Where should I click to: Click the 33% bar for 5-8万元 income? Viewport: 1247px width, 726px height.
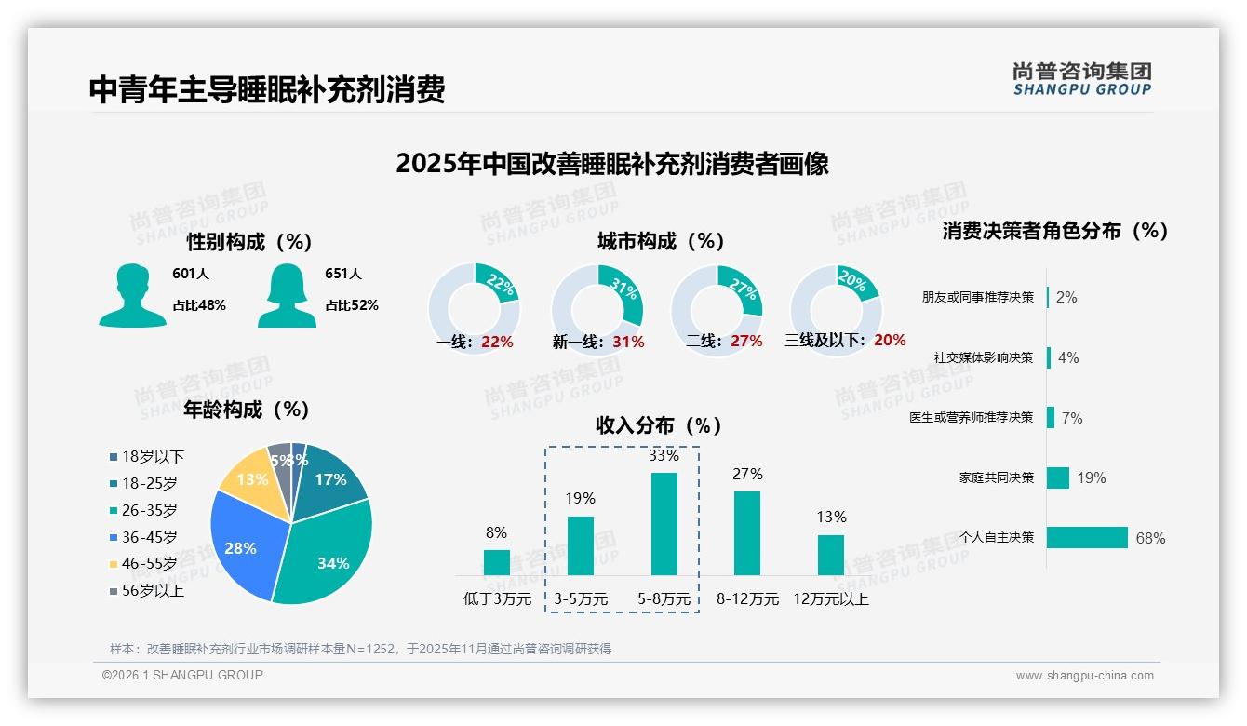click(x=664, y=524)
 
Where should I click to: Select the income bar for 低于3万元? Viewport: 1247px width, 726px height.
click(x=497, y=562)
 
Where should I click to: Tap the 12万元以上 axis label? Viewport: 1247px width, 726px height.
click(x=830, y=599)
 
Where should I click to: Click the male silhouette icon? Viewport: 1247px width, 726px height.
click(x=132, y=296)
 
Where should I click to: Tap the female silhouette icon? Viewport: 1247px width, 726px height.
click(x=287, y=296)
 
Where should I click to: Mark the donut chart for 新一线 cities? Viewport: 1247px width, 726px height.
click(x=597, y=310)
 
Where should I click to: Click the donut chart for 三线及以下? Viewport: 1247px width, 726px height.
click(x=836, y=310)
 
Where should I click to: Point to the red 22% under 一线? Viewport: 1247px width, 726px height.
click(x=497, y=342)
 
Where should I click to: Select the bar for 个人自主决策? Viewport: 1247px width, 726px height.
click(x=1087, y=537)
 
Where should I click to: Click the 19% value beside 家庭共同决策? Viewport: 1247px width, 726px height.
click(x=1092, y=477)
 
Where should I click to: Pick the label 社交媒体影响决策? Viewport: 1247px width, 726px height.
click(x=984, y=357)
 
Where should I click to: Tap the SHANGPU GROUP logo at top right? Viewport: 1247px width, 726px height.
click(x=1082, y=78)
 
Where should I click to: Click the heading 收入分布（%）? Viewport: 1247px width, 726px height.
click(x=659, y=425)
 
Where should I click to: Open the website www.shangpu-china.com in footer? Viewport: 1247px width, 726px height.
click(x=1084, y=676)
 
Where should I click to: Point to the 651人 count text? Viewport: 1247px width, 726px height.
click(x=343, y=274)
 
